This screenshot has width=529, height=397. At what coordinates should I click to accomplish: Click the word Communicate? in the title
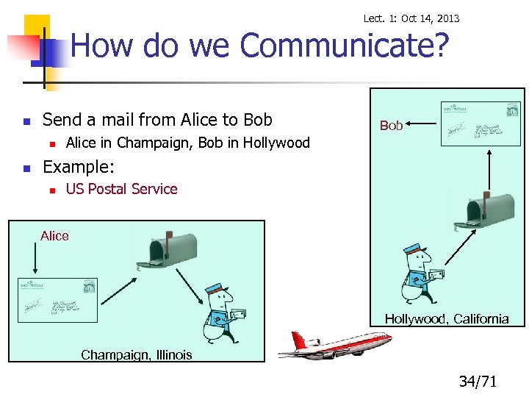tap(344, 46)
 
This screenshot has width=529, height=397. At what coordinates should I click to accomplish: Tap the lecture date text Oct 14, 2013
tap(430, 18)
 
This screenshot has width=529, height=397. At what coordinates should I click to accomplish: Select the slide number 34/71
tap(478, 381)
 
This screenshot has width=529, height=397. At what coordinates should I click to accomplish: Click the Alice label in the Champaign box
tap(54, 236)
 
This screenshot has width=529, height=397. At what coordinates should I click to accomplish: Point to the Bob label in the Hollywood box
tap(391, 126)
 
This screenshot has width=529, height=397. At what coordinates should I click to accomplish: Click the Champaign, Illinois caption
tap(136, 355)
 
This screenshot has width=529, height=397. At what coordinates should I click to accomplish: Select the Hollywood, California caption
tap(447, 318)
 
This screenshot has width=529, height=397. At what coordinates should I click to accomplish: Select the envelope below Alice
tap(58, 299)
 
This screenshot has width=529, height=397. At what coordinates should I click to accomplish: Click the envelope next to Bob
tap(481, 123)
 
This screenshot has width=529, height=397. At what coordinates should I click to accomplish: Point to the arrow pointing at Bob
tap(421, 125)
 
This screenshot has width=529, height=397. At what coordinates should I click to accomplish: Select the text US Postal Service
tap(121, 189)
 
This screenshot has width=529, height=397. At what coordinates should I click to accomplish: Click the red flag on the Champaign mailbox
tap(168, 237)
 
